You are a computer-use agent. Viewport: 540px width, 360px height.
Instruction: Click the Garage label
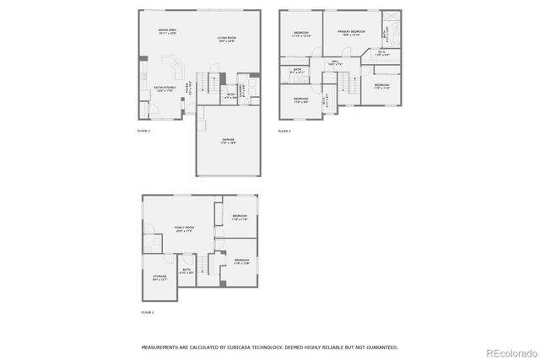pos(228,140)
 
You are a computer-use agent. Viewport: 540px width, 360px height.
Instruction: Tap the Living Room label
pos(226,40)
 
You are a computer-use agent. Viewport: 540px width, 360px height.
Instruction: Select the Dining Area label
pos(167,32)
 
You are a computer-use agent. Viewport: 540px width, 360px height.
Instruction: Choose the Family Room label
pos(184,228)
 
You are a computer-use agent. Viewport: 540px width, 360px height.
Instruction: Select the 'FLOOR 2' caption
pos(143,131)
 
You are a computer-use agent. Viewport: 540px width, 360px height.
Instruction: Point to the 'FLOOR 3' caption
pos(285,131)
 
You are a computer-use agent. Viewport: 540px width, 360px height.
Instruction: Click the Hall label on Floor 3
pos(334,62)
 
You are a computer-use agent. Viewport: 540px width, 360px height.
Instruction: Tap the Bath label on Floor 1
pos(187,271)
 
